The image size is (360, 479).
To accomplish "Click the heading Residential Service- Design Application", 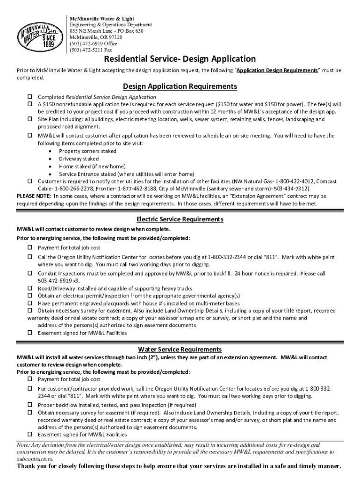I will tap(180, 59).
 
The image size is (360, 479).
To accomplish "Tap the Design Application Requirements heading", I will tap(180, 87).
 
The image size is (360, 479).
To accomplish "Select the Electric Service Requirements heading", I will tap(180, 219).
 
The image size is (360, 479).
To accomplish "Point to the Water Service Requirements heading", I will tap(180, 349).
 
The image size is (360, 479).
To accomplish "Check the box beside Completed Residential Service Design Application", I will tap(29, 97).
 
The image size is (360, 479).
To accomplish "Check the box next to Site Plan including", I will tap(29, 119).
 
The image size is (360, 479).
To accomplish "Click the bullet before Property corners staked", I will tap(50, 151).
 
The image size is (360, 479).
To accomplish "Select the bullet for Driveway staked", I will tap(50, 159).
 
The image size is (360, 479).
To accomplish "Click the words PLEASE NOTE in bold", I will tap(34, 196).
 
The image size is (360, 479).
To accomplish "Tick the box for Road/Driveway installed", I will tap(29, 288).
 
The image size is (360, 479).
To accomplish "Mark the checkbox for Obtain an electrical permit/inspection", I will tap(29, 296).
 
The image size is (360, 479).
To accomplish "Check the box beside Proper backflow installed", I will tap(29, 405).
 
